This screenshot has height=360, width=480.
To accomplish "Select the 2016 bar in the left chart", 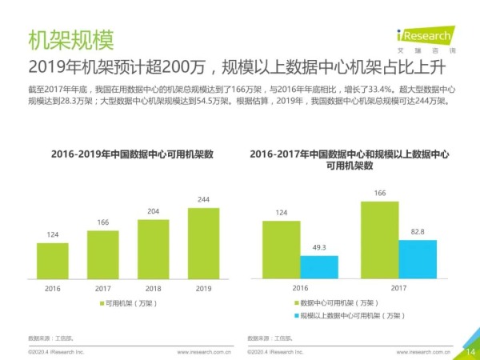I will (x=53, y=259).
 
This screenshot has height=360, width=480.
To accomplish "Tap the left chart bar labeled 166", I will (x=102, y=254).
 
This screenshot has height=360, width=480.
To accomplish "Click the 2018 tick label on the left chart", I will (x=154, y=286).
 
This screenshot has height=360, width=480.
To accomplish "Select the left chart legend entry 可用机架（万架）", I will (x=127, y=304).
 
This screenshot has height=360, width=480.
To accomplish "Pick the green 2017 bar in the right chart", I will (x=380, y=239).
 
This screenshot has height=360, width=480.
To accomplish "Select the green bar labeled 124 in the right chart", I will (x=281, y=249).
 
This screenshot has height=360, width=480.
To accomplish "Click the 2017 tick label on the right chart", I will (x=399, y=286).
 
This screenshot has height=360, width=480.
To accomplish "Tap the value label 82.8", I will (x=418, y=231).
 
